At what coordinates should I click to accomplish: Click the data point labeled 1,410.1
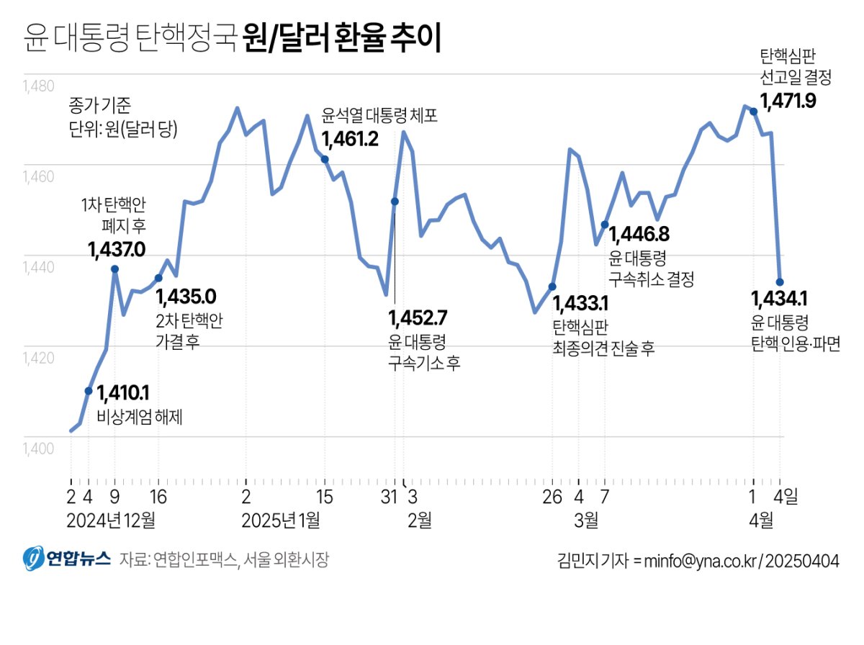pyautogui.click(x=89, y=391)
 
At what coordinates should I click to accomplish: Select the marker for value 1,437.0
pyautogui.click(x=114, y=269)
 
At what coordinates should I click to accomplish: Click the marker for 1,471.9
pyautogui.click(x=753, y=112)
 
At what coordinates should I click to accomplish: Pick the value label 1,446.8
pyautogui.click(x=640, y=234)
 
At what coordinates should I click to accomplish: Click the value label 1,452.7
pyautogui.click(x=418, y=317)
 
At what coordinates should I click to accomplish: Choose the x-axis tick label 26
pyautogui.click(x=552, y=497)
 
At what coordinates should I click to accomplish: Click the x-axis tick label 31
pyautogui.click(x=389, y=497)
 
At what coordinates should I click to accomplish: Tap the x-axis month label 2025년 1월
pyautogui.click(x=282, y=520)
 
